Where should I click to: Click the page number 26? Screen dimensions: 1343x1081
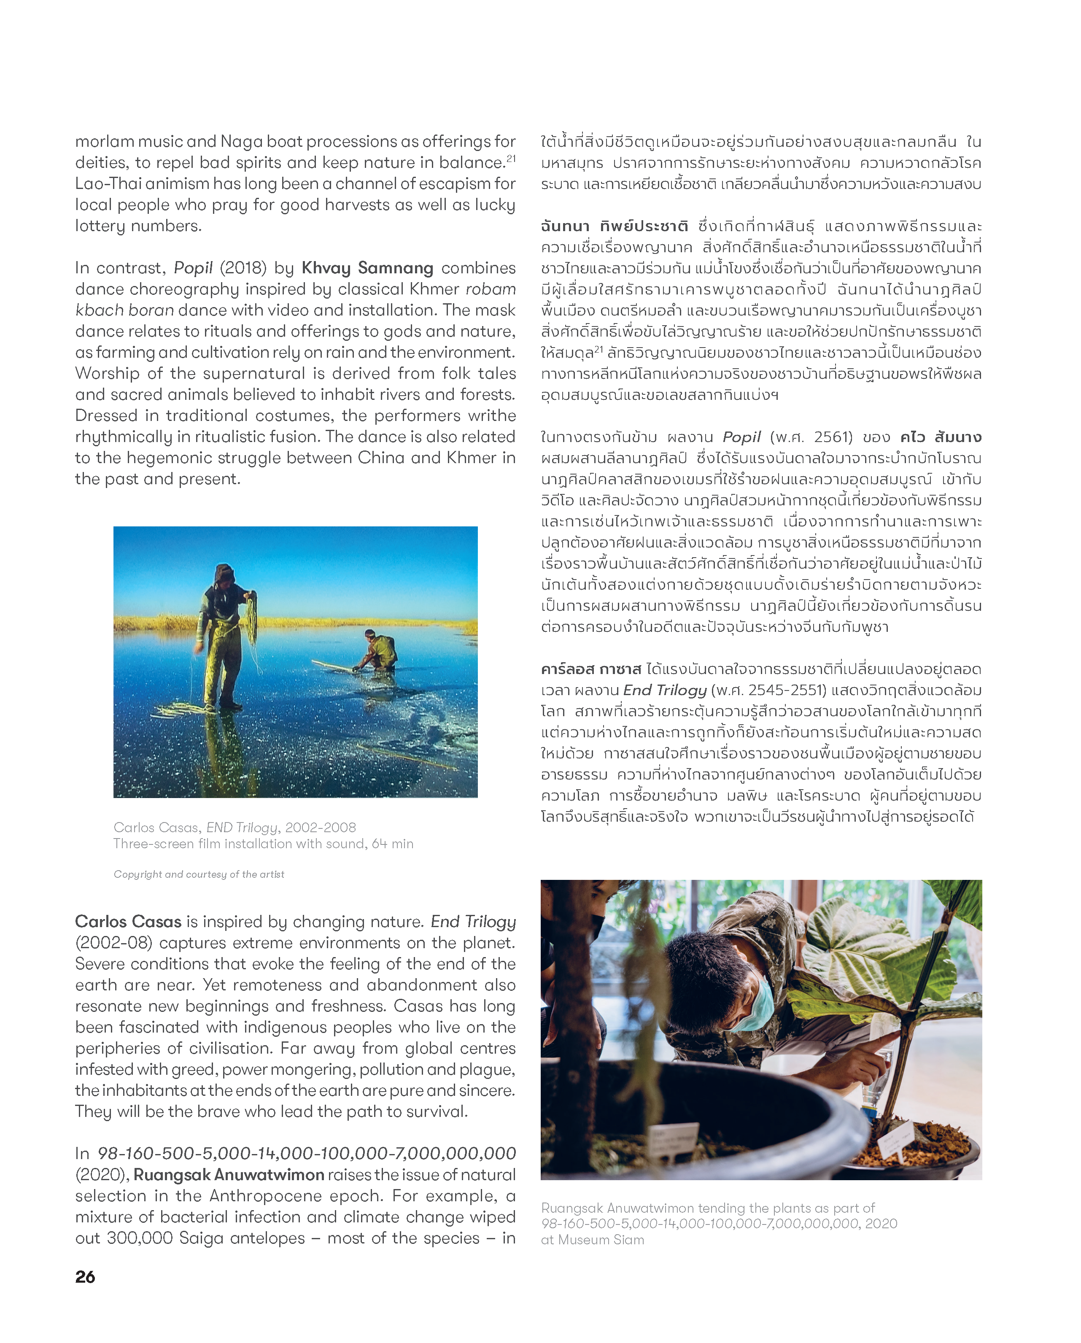85,1276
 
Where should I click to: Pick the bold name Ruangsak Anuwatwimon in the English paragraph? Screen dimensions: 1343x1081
229,1174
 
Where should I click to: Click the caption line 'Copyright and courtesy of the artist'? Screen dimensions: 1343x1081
199,874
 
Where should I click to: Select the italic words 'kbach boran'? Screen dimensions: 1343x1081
124,310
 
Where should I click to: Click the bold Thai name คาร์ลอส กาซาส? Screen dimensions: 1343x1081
590,669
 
